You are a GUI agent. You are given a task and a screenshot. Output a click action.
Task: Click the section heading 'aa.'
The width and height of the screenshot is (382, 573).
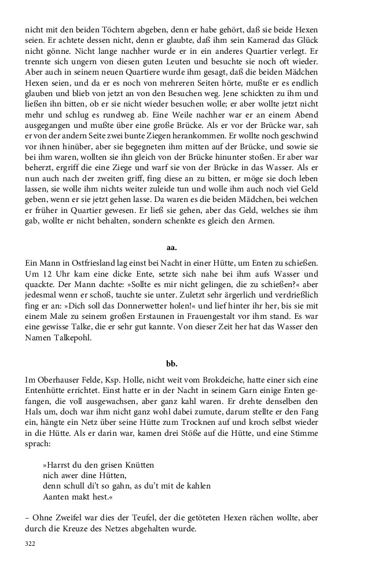coord(171,247)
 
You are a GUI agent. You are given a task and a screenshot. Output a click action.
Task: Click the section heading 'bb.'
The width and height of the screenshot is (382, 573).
coord(171,363)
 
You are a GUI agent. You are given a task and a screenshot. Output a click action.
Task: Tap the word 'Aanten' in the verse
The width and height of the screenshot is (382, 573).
coord(56,496)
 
